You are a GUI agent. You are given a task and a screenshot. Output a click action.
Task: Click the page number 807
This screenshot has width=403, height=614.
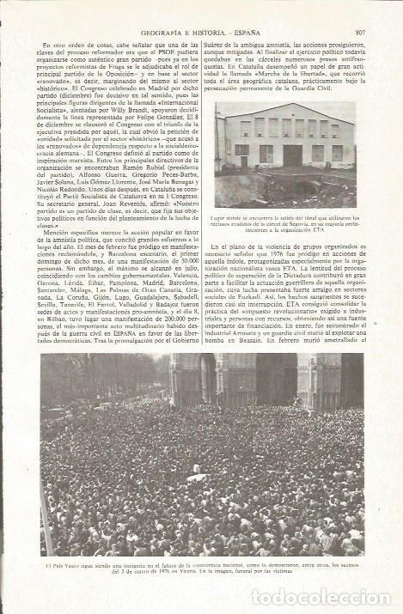359,9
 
